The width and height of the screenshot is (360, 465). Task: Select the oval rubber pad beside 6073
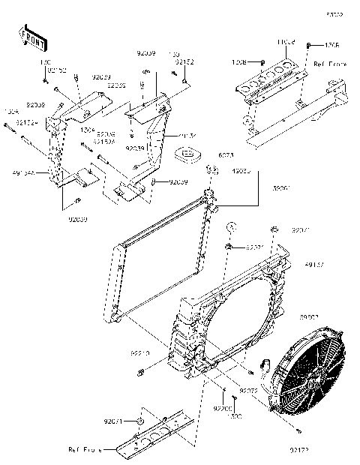coord(187,155)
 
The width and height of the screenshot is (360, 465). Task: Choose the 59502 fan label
coord(331,316)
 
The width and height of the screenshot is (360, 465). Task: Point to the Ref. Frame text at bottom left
coord(84,450)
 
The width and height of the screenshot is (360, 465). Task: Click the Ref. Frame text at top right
coord(331,64)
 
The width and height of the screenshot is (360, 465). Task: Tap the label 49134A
coord(25,172)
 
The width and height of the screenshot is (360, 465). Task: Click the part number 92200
coord(223,409)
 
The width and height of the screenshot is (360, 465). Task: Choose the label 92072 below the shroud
coord(249,391)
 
